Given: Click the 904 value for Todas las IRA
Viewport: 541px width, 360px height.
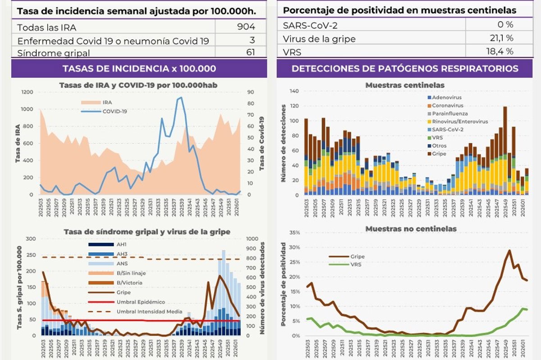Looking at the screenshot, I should tap(246, 27).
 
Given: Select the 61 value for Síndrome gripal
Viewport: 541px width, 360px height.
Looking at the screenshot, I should tap(250, 53).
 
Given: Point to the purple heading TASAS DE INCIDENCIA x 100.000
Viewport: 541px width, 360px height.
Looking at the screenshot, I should tap(139, 69).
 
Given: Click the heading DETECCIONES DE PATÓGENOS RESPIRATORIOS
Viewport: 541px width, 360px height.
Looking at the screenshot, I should tap(405, 69).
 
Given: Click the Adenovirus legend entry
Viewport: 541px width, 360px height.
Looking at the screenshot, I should tap(446, 97).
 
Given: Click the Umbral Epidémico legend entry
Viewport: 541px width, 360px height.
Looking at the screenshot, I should tap(141, 302).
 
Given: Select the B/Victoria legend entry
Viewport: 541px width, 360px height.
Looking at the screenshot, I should tap(131, 283).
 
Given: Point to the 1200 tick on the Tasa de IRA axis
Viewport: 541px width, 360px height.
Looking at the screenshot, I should tap(27, 92).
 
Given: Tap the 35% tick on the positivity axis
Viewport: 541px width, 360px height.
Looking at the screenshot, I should tap(294, 232).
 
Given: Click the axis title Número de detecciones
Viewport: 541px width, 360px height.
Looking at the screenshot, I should tap(284, 143).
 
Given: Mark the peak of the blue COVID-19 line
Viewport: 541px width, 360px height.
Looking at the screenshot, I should tap(181, 97).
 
